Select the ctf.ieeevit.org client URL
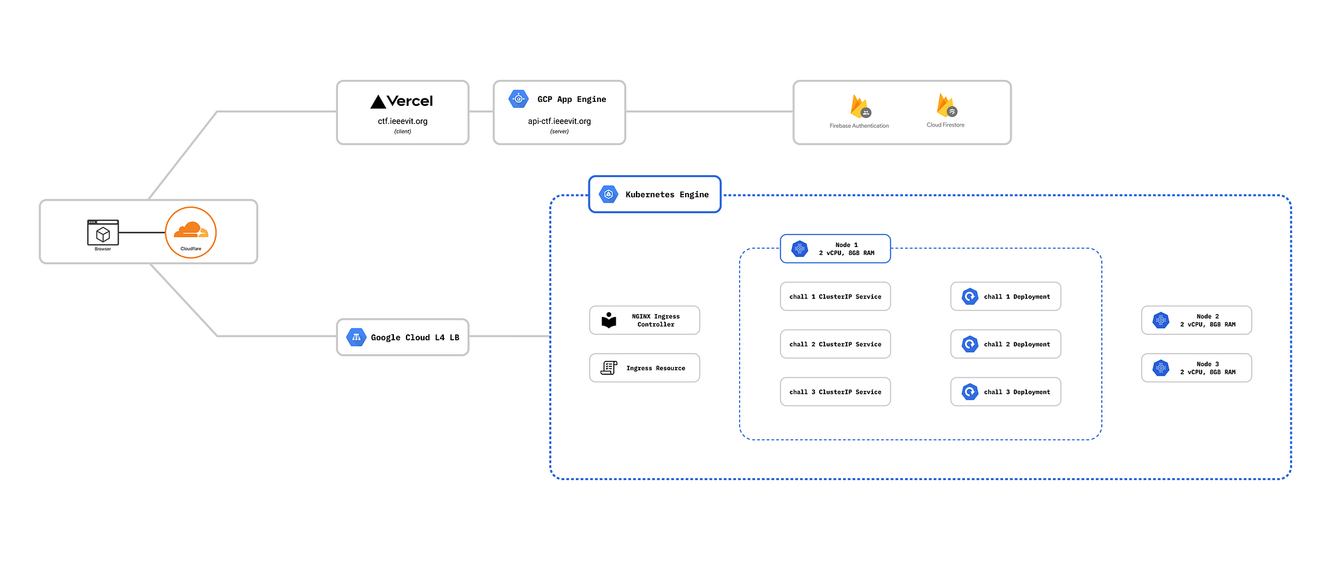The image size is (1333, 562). pyautogui.click(x=403, y=121)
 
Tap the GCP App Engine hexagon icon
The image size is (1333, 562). pyautogui.click(x=519, y=99)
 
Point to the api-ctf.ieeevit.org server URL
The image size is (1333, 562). pyautogui.click(x=559, y=121)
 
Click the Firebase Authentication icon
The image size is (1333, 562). pyautogui.click(x=860, y=107)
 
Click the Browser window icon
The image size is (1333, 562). pyautogui.click(x=103, y=233)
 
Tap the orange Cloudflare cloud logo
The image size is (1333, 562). pyautogui.click(x=191, y=230)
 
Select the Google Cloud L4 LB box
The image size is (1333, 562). pyautogui.click(x=403, y=338)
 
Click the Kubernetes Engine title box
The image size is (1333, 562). pyautogui.click(x=655, y=194)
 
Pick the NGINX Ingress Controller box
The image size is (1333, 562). pyautogui.click(x=645, y=320)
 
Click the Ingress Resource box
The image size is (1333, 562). pyautogui.click(x=645, y=368)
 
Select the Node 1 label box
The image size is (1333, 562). pyautogui.click(x=835, y=249)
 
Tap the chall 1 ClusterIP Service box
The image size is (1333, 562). pyautogui.click(x=835, y=297)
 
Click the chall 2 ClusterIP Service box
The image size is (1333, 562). pyautogui.click(x=835, y=344)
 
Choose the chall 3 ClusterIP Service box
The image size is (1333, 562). pyautogui.click(x=835, y=392)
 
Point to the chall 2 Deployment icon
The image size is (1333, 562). pyautogui.click(x=970, y=344)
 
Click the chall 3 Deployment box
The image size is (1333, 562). pyautogui.click(x=1006, y=392)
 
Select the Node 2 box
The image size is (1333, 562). pyautogui.click(x=1196, y=320)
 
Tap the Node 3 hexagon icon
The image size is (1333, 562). pyautogui.click(x=1161, y=368)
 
